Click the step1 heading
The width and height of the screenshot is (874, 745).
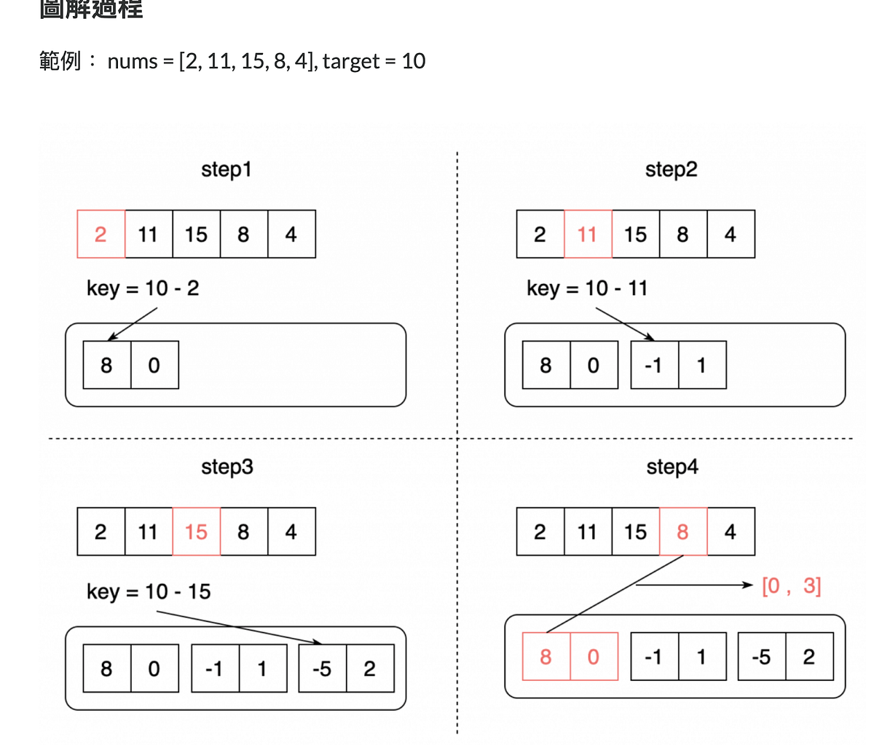click(x=226, y=170)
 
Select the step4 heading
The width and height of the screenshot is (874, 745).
click(x=672, y=467)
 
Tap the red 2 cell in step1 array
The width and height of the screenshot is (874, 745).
click(x=101, y=234)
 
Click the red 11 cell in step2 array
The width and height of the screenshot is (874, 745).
click(x=588, y=234)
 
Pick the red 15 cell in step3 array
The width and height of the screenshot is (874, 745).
click(x=196, y=532)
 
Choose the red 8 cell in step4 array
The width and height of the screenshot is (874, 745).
click(x=682, y=532)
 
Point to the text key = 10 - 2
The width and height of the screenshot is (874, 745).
click(x=143, y=288)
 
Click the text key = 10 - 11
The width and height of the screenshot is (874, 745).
click(x=587, y=288)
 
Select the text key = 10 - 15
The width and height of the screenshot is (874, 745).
click(x=149, y=591)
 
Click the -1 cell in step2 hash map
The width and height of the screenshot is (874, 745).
click(x=654, y=365)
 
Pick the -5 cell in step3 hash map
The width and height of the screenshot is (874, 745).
click(x=322, y=669)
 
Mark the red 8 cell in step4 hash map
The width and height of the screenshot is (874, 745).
click(x=546, y=657)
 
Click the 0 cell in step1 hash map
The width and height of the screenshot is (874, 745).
click(x=154, y=365)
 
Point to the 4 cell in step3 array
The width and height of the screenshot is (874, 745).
click(x=291, y=532)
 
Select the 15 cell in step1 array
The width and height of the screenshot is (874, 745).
click(x=196, y=234)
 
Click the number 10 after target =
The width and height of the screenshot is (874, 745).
click(x=413, y=61)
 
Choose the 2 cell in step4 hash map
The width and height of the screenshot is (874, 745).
click(x=808, y=657)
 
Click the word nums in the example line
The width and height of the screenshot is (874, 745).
click(x=133, y=61)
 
